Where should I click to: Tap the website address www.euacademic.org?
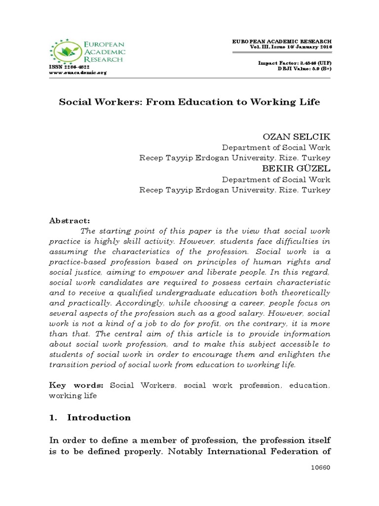(x=77, y=73)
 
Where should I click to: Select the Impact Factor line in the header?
(x=295, y=64)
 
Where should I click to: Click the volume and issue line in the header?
(x=291, y=46)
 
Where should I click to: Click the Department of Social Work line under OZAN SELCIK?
(x=276, y=147)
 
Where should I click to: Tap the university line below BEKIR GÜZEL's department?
(x=235, y=190)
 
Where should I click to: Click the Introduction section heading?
(x=99, y=418)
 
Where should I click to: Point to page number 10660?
(x=320, y=467)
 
